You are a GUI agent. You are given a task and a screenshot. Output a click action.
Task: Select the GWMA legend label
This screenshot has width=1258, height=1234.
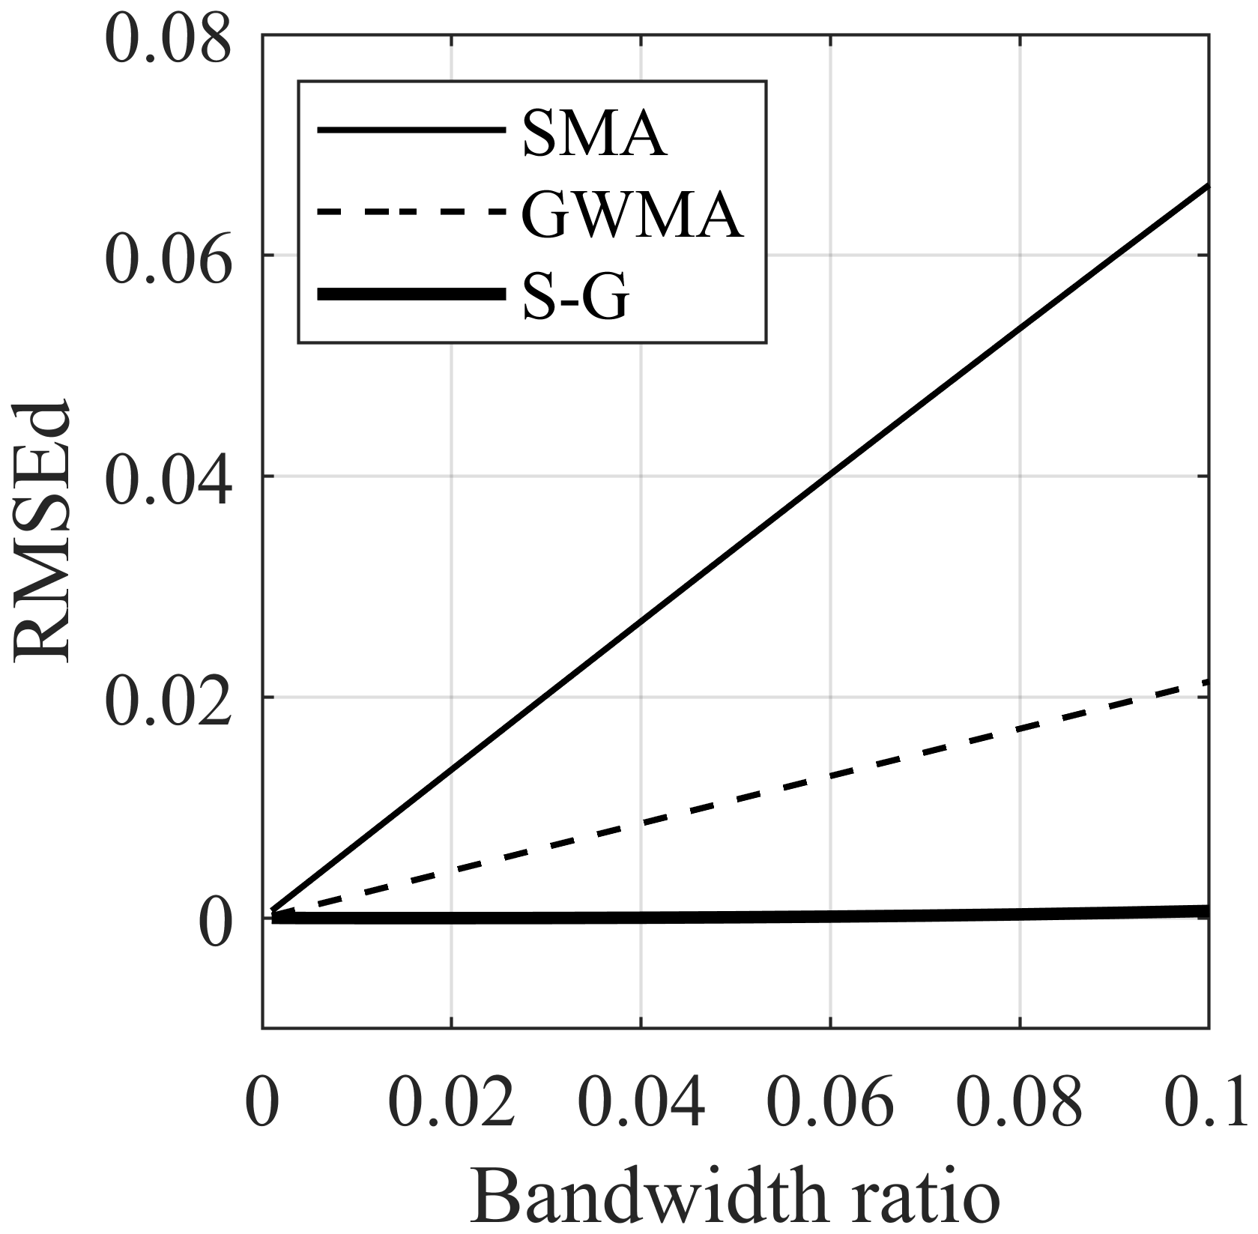pos(632,215)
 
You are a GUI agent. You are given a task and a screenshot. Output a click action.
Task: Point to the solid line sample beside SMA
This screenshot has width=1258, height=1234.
pos(411,131)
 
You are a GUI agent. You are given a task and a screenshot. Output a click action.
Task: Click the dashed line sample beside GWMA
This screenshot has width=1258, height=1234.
pos(411,214)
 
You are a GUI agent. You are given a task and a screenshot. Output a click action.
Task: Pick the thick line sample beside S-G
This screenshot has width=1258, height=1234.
pos(411,295)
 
